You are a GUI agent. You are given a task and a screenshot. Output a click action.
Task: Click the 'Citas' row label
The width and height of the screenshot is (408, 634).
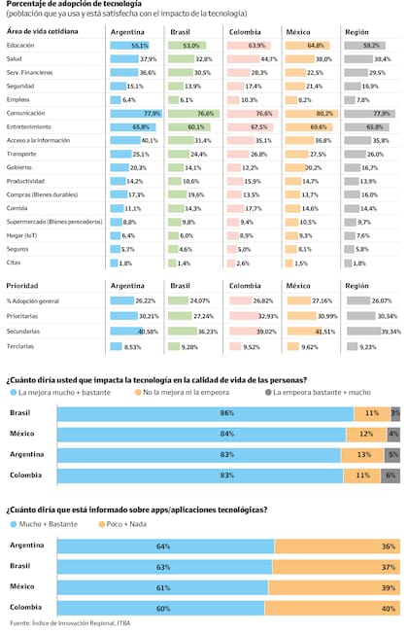16,263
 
